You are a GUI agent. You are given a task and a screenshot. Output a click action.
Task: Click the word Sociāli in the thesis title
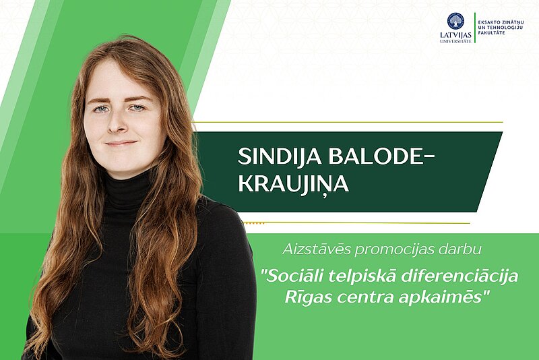(x=294, y=276)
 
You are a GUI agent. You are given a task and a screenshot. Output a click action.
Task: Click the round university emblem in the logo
(x=455, y=21)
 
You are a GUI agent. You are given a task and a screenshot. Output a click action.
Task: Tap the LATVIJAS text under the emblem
(x=455, y=35)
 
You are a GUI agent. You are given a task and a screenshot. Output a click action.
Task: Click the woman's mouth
(x=121, y=143)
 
